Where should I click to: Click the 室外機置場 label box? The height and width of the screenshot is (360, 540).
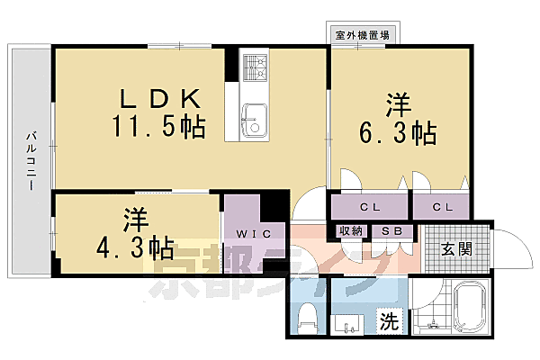pyautogui.click(x=362, y=35)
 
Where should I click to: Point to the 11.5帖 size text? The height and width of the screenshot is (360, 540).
pyautogui.click(x=158, y=126)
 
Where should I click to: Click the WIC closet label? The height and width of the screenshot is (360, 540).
pyautogui.click(x=247, y=233)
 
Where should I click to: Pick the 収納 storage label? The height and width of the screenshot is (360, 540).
pyautogui.click(x=351, y=231)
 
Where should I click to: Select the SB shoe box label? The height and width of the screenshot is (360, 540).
pyautogui.click(x=392, y=231)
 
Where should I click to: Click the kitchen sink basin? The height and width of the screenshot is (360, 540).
pyautogui.click(x=254, y=117)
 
